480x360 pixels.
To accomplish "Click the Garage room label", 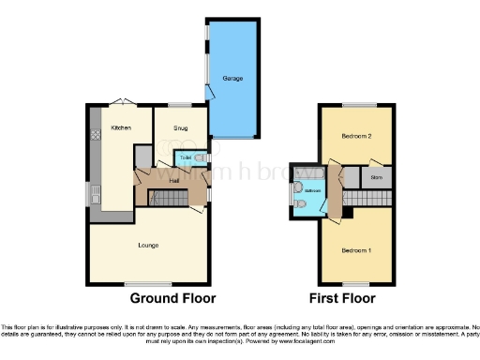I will [232, 79].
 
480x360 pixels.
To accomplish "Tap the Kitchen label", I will [120, 127].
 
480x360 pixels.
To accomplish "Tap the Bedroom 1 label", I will [355, 251].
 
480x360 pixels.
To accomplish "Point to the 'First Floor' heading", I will [343, 298].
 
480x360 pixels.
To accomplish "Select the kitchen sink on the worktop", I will [96, 195].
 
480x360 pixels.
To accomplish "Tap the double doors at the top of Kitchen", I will [119, 102].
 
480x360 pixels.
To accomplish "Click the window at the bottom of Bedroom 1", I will [354, 284].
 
